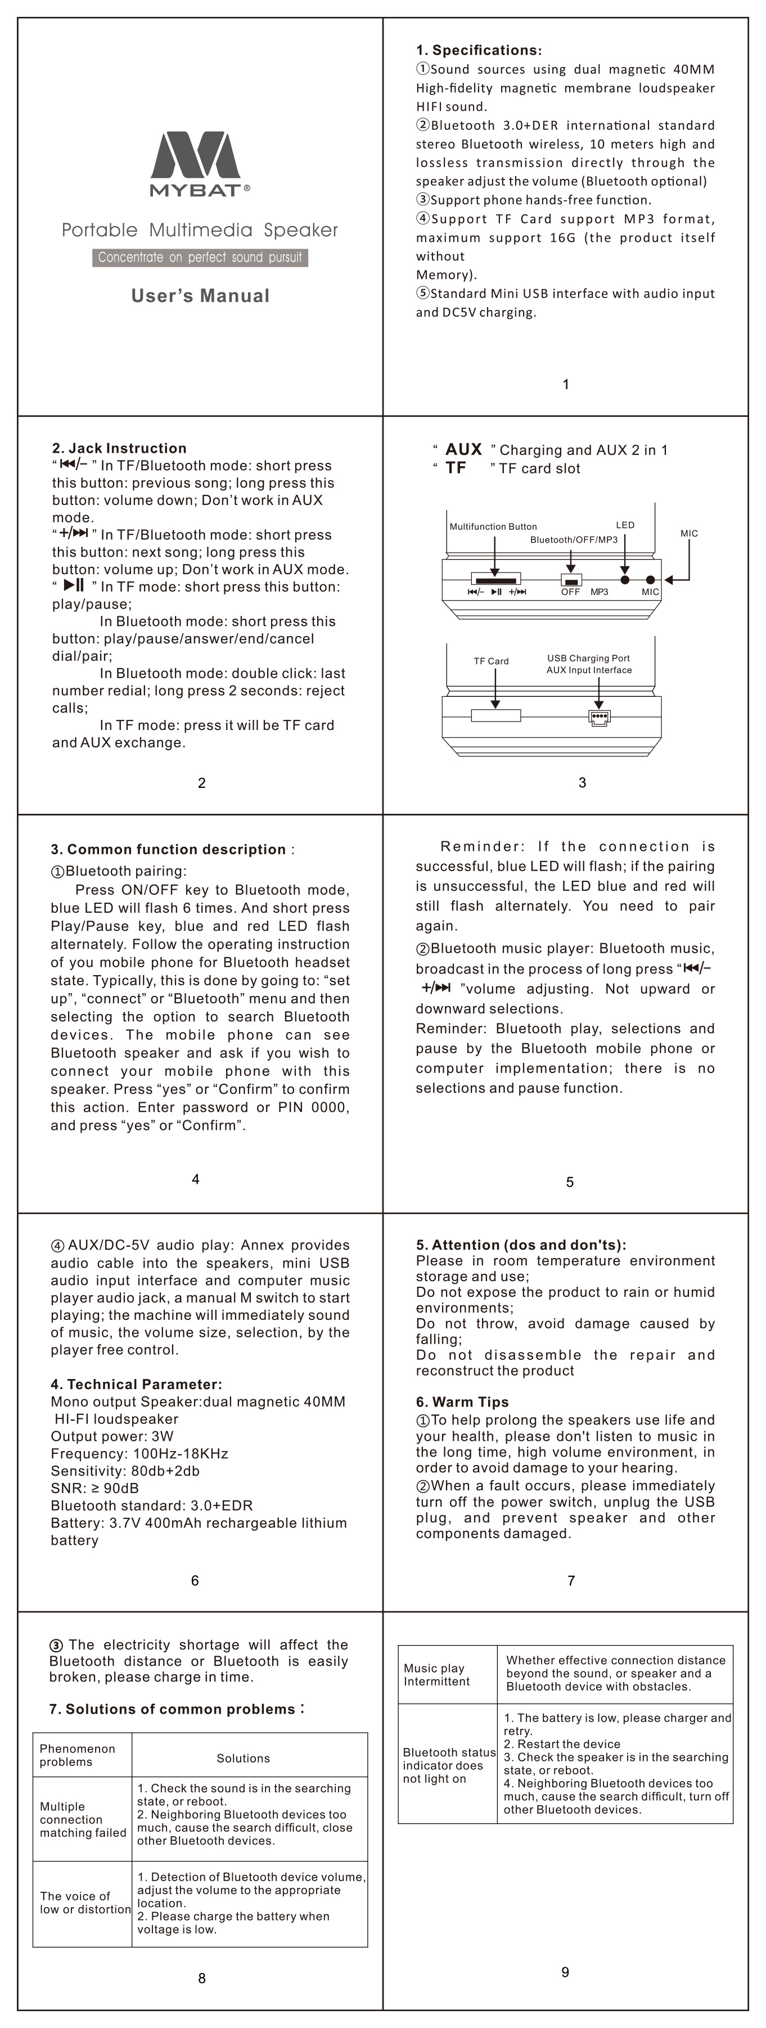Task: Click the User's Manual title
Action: coord(200,296)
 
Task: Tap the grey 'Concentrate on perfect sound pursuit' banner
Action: coord(200,258)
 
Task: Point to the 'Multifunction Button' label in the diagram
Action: coord(493,526)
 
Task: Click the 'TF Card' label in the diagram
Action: coord(491,661)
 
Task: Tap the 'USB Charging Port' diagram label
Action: coord(588,658)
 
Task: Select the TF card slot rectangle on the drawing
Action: coord(496,715)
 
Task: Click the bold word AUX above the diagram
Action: coord(463,449)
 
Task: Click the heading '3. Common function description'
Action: coord(169,849)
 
